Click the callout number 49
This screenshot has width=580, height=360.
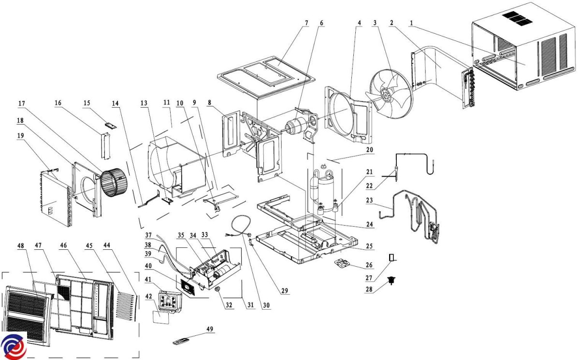(x=209, y=330)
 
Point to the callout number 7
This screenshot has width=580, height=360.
(x=306, y=23)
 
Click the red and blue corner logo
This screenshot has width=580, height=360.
(x=13, y=346)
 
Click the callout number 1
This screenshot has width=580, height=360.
(x=411, y=23)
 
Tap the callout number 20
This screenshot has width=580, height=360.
(x=370, y=150)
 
